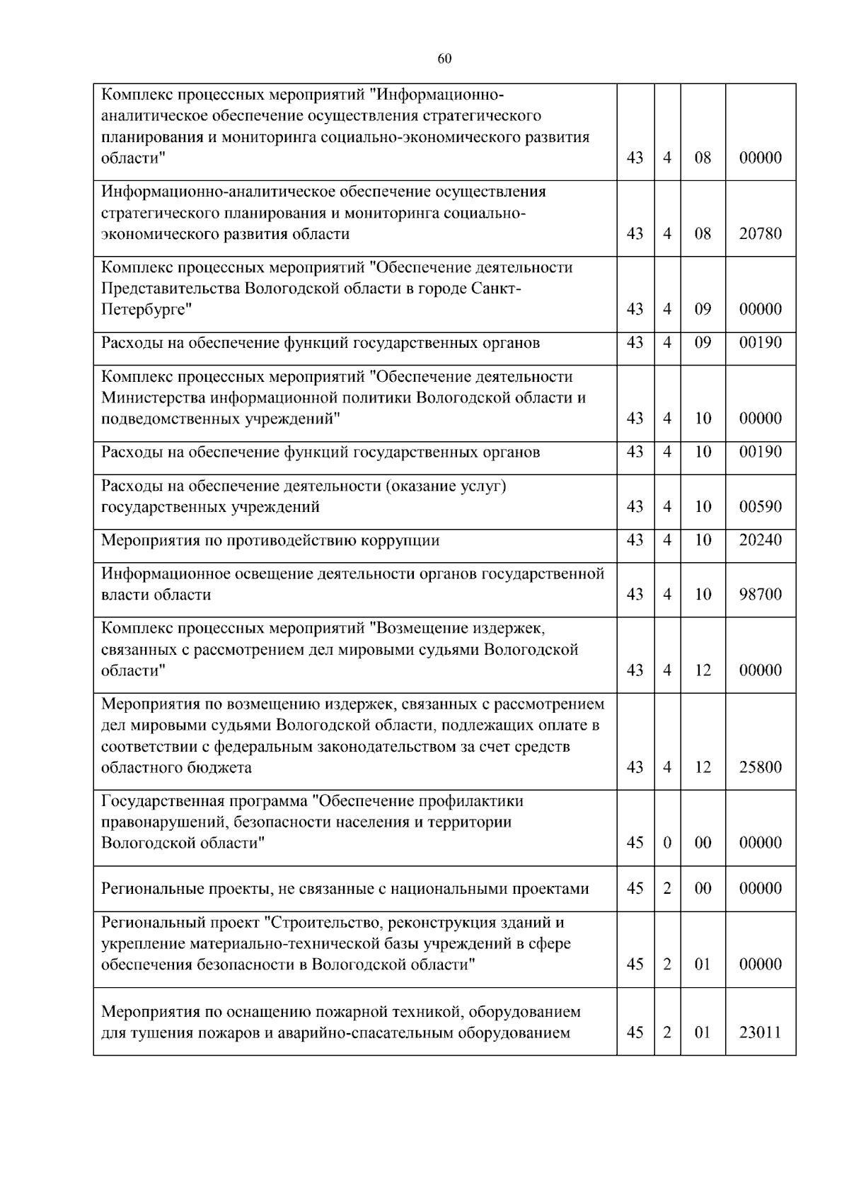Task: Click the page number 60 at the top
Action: click(444, 59)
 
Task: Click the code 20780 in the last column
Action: click(761, 234)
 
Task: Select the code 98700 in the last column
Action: click(761, 595)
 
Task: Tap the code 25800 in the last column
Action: click(761, 768)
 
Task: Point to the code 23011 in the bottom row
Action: click(761, 1033)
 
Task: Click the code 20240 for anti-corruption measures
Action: click(761, 541)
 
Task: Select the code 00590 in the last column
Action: click(761, 507)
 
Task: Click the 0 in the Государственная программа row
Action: click(667, 843)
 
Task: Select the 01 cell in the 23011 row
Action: click(703, 1033)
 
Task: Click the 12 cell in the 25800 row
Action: click(703, 768)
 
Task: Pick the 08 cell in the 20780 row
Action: click(703, 234)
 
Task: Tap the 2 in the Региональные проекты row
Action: click(667, 889)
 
